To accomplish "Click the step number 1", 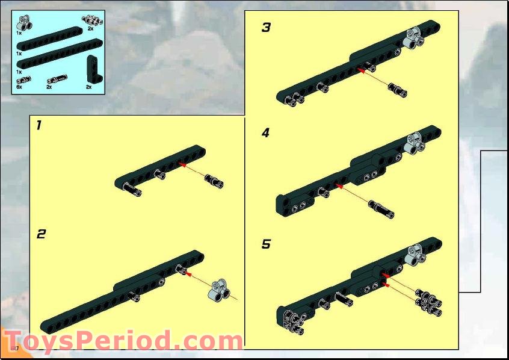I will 39,126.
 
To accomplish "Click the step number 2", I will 40,234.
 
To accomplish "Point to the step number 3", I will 266,28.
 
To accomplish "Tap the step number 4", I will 266,134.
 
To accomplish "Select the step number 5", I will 266,244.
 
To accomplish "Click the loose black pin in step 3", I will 398,90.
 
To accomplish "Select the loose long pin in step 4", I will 381,209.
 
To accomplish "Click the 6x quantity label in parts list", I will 19,87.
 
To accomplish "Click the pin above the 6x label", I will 23,79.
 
